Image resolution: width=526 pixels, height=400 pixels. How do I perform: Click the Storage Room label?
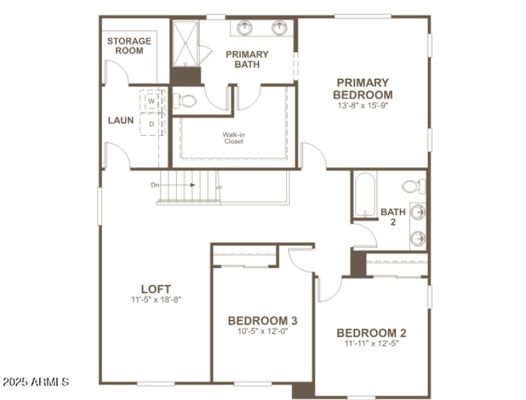[129, 45]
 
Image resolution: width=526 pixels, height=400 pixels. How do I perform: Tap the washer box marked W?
[151, 102]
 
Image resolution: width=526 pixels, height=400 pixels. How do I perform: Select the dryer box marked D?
[151, 123]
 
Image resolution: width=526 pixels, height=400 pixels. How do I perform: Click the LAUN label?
[121, 121]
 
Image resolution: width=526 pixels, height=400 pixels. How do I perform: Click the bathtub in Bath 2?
[364, 194]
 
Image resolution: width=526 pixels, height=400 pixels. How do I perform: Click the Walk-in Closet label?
[233, 138]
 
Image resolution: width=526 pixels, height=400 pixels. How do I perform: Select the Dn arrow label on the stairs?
[155, 185]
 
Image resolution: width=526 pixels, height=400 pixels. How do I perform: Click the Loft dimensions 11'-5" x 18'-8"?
[156, 300]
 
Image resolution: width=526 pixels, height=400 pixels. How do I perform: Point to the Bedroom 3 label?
[262, 321]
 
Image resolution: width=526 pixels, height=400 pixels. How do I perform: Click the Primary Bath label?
[247, 59]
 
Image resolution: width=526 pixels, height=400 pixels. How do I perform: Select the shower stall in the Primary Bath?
[186, 43]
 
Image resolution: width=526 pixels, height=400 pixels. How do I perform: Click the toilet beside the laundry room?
[187, 102]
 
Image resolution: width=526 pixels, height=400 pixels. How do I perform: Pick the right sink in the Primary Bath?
[279, 28]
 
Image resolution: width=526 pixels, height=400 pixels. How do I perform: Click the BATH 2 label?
[393, 217]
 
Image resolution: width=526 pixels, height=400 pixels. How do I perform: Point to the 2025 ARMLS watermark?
[36, 382]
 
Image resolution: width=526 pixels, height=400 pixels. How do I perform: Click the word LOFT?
[156, 289]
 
